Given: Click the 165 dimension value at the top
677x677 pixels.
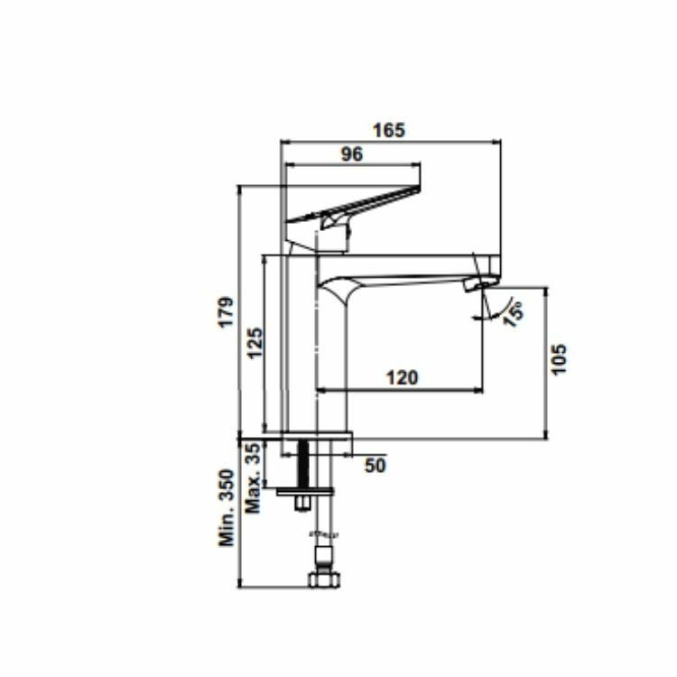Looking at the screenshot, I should click(389, 130).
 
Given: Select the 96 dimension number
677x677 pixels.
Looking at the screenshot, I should click(351, 154).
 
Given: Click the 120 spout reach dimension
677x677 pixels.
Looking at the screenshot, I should click(402, 377).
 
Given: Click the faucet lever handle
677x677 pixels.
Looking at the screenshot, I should click(361, 203).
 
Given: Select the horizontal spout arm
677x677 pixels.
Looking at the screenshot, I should click(406, 267).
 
